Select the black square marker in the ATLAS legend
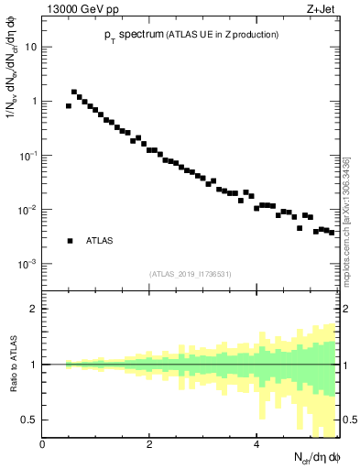[x=70, y=241]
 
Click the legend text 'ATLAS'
[x=100, y=241]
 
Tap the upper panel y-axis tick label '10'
[x=31, y=47]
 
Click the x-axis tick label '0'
[x=43, y=444]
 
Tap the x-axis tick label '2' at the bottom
[x=149, y=444]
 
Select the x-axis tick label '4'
[x=256, y=444]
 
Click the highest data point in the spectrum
[x=74, y=92]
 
